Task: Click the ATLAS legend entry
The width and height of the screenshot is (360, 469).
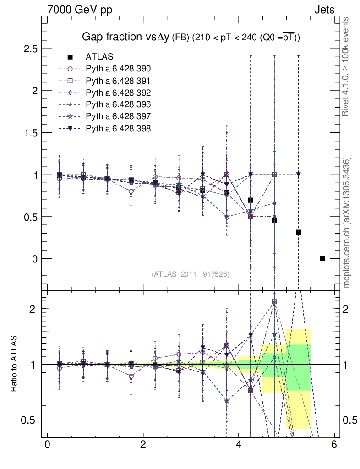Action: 99,57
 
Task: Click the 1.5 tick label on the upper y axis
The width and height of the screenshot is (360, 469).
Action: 30,133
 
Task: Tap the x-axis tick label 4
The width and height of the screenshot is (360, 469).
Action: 239,445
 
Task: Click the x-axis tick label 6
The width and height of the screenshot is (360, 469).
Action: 335,445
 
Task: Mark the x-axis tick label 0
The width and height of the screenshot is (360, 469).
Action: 47,445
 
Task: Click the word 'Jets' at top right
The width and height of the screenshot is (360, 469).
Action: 324,10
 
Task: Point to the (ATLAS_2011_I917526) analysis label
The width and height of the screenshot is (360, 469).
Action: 190,274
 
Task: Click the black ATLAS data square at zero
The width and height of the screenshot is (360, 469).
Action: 322,259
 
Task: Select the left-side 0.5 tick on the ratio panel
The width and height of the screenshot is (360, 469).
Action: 31,420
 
